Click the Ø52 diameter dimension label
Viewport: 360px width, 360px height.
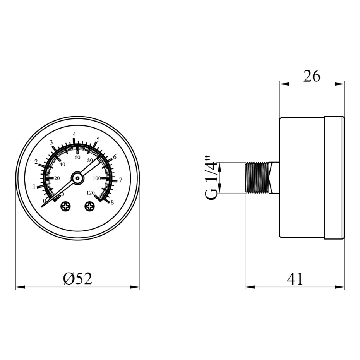pyautogui.click(x=77, y=278)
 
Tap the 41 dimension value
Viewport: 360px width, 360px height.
pyautogui.click(x=295, y=279)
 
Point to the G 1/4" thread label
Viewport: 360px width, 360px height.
pyautogui.click(x=211, y=178)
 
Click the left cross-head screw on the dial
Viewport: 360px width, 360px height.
pyautogui.click(x=66, y=206)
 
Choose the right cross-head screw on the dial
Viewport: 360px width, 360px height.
pyautogui.click(x=90, y=206)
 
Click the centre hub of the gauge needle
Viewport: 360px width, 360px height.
pyautogui.click(x=77, y=178)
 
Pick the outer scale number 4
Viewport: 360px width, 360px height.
pyautogui.click(x=74, y=134)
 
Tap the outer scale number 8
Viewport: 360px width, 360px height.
pyautogui.click(x=112, y=202)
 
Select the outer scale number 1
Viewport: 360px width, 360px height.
pyautogui.click(x=34, y=187)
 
